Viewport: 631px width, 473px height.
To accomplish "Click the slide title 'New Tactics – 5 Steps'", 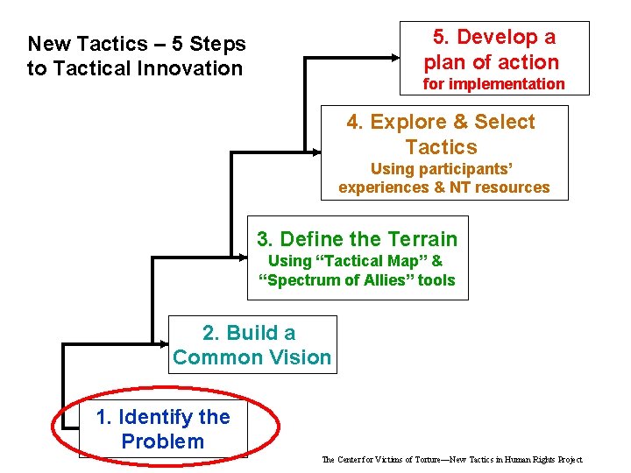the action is coord(137,43).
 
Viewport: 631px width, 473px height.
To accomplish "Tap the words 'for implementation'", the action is coord(493,84).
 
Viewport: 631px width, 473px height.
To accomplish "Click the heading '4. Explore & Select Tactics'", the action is coord(441,134).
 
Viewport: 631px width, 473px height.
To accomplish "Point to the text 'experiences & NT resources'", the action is coord(444,187).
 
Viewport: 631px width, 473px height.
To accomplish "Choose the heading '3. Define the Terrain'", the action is coord(357,239).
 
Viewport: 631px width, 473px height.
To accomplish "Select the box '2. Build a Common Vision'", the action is coord(252,344).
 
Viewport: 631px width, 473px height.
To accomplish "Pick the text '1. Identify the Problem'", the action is coord(163,429).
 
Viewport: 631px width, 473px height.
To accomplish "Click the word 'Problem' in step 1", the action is coord(163,441).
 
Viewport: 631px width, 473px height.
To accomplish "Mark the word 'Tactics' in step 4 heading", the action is coord(441,147).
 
